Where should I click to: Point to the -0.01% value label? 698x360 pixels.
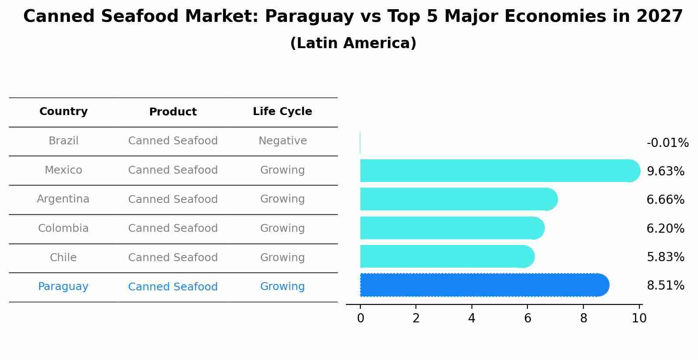(x=667, y=143)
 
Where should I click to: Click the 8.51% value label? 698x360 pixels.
(x=665, y=286)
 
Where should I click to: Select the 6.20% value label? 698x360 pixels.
(x=665, y=228)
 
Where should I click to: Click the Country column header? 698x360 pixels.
(x=63, y=112)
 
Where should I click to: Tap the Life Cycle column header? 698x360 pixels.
(x=283, y=112)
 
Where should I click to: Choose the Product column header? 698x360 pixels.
(x=173, y=112)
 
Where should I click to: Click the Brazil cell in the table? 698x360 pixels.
(x=63, y=141)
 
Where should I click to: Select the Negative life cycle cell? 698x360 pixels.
(x=283, y=141)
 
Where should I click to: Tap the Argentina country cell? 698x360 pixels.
(x=63, y=199)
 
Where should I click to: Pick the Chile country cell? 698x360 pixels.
(x=63, y=258)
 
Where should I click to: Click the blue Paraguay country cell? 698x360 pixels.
(x=63, y=287)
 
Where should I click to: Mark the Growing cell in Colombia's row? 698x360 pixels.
(x=283, y=228)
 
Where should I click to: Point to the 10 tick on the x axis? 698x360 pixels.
(x=639, y=318)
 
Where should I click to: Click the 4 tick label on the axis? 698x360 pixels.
(x=471, y=318)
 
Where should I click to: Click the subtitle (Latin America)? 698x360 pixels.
(x=353, y=43)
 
